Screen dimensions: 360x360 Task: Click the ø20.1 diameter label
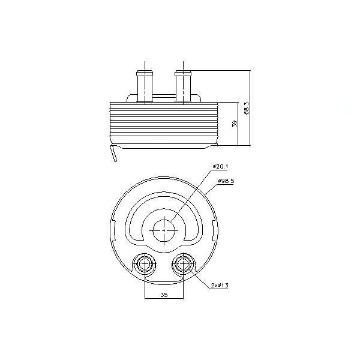[x=220, y=166]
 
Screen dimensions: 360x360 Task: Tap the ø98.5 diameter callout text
[x=226, y=181]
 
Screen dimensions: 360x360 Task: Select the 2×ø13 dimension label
[x=220, y=286]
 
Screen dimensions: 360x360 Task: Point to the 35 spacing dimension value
[x=164, y=295]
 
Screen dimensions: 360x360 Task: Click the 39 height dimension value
[x=235, y=124]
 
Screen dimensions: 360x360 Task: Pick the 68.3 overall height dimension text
[x=247, y=108]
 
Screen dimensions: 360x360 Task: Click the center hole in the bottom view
[x=164, y=230]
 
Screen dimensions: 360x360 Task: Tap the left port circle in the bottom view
[x=145, y=264]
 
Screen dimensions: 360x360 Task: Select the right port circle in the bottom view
[x=183, y=264]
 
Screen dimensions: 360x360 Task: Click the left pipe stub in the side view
[x=145, y=86]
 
